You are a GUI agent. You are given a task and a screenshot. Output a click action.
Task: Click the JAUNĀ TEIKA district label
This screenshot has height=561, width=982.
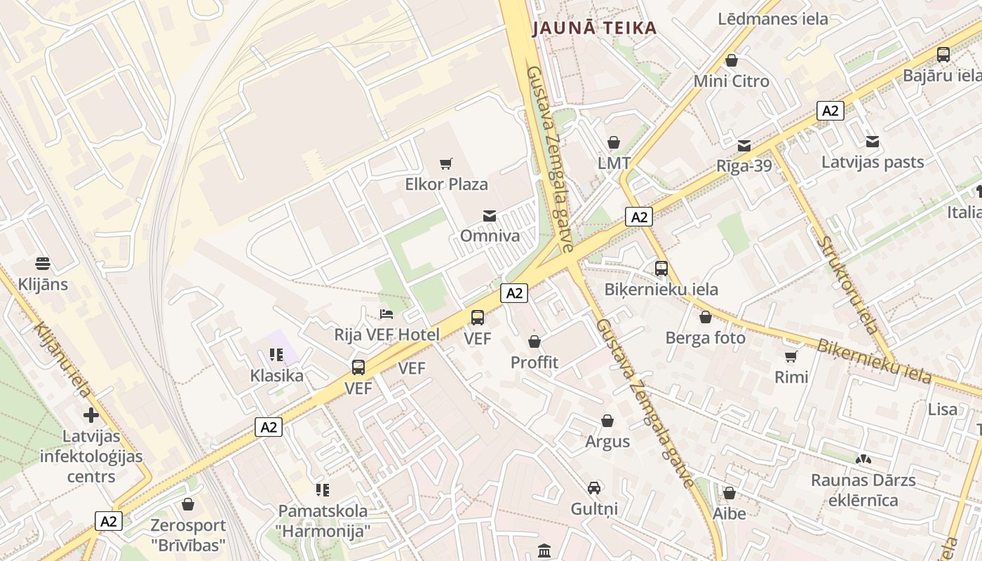tap(594, 28)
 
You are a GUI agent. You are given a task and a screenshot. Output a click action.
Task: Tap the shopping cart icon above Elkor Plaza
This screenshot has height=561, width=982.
tap(446, 164)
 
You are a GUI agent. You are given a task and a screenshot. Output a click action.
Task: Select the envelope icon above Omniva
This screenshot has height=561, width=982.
tap(490, 215)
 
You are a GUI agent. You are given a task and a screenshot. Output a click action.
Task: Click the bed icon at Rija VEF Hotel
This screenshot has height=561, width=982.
tap(386, 313)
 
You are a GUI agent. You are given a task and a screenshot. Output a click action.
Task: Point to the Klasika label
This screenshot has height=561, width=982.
tap(277, 376)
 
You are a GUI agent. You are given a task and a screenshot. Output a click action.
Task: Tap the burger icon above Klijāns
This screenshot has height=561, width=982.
tap(43, 264)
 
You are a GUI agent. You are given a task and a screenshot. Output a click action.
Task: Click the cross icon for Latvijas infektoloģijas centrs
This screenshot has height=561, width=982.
tap(90, 415)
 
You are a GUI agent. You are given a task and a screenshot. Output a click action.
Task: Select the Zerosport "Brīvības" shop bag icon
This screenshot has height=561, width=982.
tap(188, 504)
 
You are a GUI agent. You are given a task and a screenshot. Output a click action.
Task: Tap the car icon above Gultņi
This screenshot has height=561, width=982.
tap(594, 487)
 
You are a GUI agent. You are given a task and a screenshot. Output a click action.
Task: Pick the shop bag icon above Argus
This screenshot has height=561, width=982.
tap(607, 421)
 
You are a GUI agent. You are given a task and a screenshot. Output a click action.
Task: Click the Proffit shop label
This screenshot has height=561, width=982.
tap(534, 363)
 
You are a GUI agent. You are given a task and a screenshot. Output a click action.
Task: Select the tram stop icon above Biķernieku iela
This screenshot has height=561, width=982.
tap(661, 269)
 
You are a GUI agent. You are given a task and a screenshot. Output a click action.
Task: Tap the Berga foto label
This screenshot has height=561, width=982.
tap(706, 338)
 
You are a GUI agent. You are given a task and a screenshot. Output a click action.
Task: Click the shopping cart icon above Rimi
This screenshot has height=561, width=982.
tap(791, 356)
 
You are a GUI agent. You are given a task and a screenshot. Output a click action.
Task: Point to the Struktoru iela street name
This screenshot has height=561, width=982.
tap(849, 284)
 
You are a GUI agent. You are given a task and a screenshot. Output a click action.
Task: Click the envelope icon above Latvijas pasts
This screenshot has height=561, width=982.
tap(873, 142)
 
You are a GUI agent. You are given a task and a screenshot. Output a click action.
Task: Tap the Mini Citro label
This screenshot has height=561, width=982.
tap(732, 81)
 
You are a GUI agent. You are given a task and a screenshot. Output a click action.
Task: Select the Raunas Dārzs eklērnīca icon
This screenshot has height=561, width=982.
tap(863, 460)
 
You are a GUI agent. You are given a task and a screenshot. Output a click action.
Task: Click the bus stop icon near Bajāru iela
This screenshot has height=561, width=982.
tap(943, 55)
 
